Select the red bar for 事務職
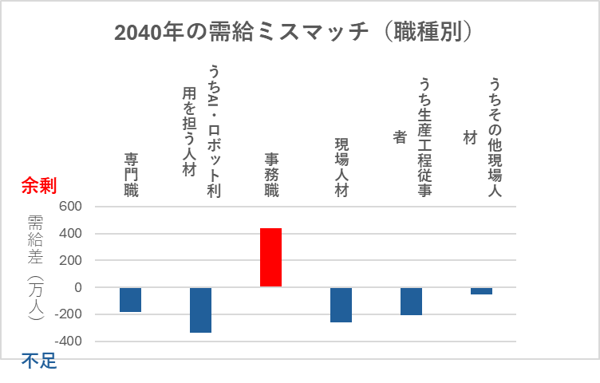click(x=270, y=257)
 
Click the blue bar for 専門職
click(x=130, y=299)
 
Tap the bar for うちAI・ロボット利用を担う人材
click(x=200, y=310)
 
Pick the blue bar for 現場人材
click(x=341, y=304)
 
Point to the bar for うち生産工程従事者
click(x=411, y=301)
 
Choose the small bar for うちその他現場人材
click(x=481, y=290)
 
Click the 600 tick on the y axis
click(x=71, y=207)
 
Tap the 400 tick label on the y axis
click(x=71, y=234)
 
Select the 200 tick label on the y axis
click(x=71, y=260)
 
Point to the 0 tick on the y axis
click(x=78, y=287)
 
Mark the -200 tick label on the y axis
click(x=69, y=314)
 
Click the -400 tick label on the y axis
click(x=69, y=341)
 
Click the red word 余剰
click(x=38, y=186)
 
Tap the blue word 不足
click(x=38, y=361)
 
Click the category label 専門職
click(x=130, y=174)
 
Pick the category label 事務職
click(x=271, y=174)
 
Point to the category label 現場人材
click(x=341, y=168)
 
